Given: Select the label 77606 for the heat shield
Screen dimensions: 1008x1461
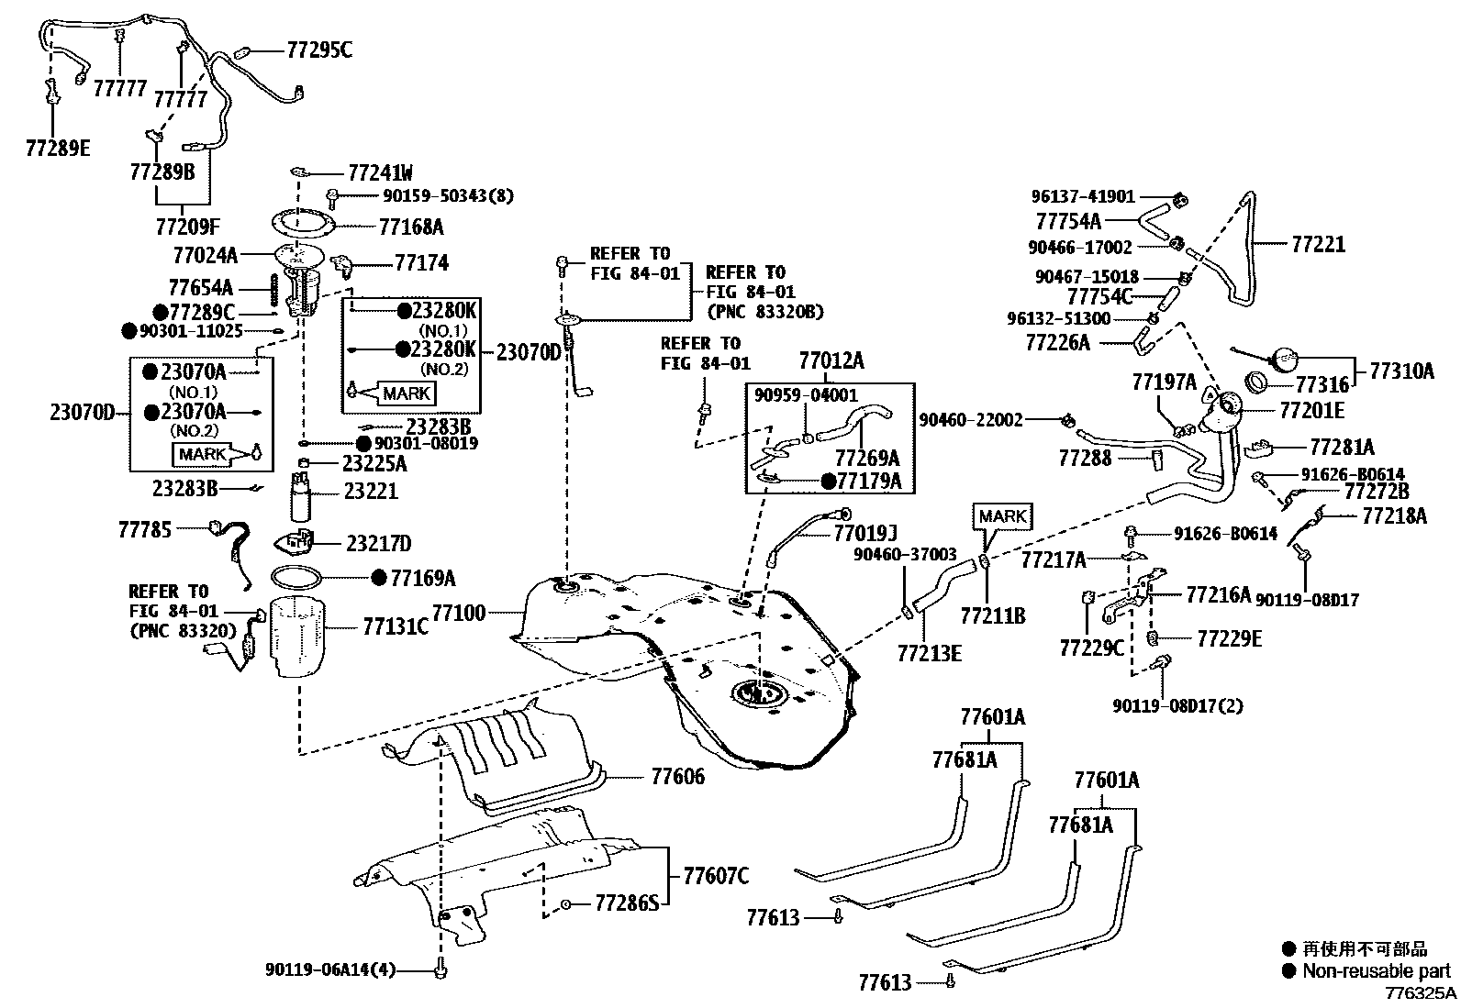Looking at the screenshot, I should click(x=677, y=778).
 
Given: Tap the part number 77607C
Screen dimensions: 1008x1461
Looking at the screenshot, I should click(x=715, y=876).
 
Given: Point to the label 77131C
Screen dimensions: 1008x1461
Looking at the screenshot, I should click(x=396, y=626).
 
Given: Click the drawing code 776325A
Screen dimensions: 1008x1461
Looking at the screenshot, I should click(x=1420, y=993).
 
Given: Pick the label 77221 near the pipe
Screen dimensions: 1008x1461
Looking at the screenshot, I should click(x=1318, y=244).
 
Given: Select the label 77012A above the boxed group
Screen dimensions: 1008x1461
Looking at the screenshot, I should click(x=831, y=360).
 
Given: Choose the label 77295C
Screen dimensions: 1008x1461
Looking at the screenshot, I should click(x=318, y=50).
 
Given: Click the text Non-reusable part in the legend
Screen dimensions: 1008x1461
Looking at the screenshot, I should click(x=1376, y=971).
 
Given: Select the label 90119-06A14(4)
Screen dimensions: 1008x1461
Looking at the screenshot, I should click(x=330, y=969).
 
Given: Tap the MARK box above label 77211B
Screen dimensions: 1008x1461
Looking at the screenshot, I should click(x=1001, y=516).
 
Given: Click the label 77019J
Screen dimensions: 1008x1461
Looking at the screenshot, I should click(x=864, y=533).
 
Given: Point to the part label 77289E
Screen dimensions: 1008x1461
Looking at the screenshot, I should click(x=58, y=148).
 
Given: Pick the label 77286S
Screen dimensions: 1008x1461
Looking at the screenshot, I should click(x=627, y=903).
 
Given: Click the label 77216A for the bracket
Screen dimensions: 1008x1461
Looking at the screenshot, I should click(x=1218, y=595).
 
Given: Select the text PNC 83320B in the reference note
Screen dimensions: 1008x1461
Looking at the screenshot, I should click(x=764, y=312).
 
